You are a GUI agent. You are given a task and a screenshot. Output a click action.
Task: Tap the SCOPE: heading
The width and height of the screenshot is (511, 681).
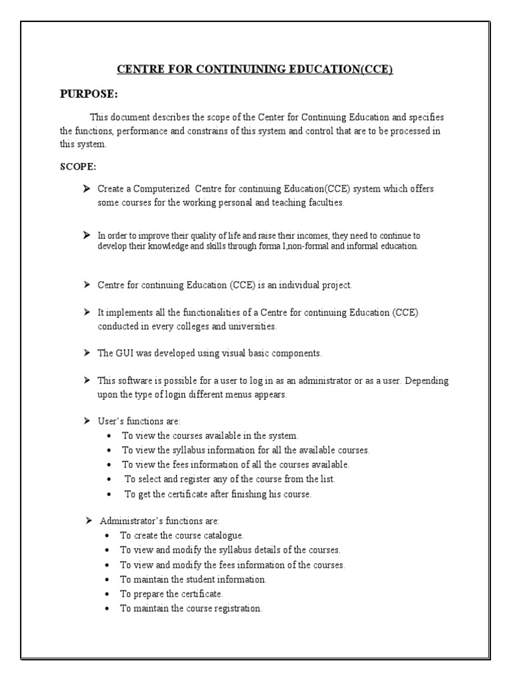(78, 166)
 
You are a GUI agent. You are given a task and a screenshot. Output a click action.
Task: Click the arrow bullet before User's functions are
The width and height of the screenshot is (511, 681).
(86, 421)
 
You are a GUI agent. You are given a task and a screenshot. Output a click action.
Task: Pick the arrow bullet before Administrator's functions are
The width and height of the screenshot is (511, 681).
(88, 519)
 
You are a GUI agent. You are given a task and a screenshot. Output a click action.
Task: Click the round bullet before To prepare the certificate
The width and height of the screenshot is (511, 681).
(108, 593)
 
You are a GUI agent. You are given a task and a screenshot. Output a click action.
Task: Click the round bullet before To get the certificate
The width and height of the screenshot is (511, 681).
(109, 495)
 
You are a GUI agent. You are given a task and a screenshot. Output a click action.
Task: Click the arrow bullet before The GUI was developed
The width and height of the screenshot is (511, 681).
(86, 352)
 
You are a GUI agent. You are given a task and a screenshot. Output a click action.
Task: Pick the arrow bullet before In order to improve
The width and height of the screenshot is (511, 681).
(86, 235)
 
